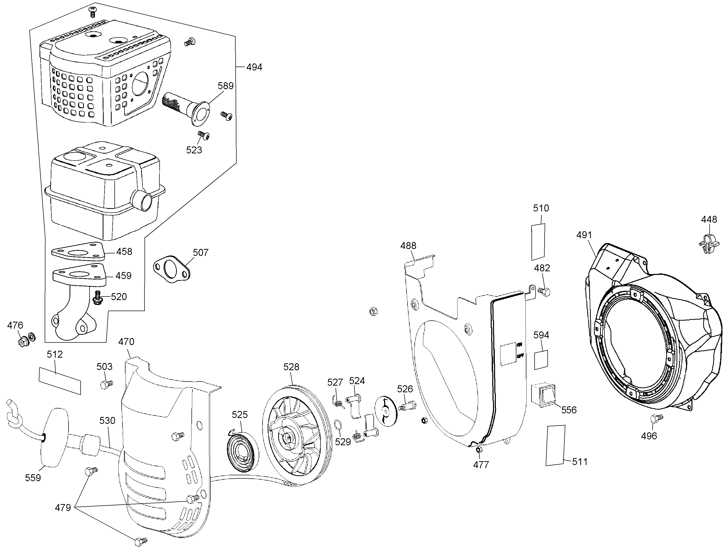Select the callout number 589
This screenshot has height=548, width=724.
point(226,86)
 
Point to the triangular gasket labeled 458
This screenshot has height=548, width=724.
point(78,251)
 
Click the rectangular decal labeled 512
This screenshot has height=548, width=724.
point(60,380)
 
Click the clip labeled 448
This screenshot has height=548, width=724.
point(709,244)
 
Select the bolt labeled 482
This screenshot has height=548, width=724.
point(544,291)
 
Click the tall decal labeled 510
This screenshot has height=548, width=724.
point(538,242)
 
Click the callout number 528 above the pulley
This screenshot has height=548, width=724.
point(291,367)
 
